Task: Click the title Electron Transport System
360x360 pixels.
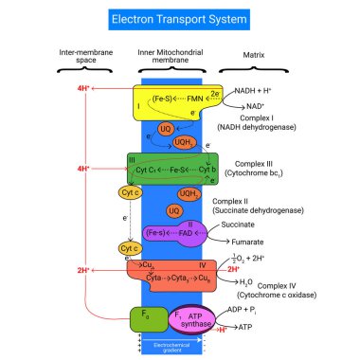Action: [179, 18]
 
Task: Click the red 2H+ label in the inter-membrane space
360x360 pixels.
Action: [82, 270]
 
